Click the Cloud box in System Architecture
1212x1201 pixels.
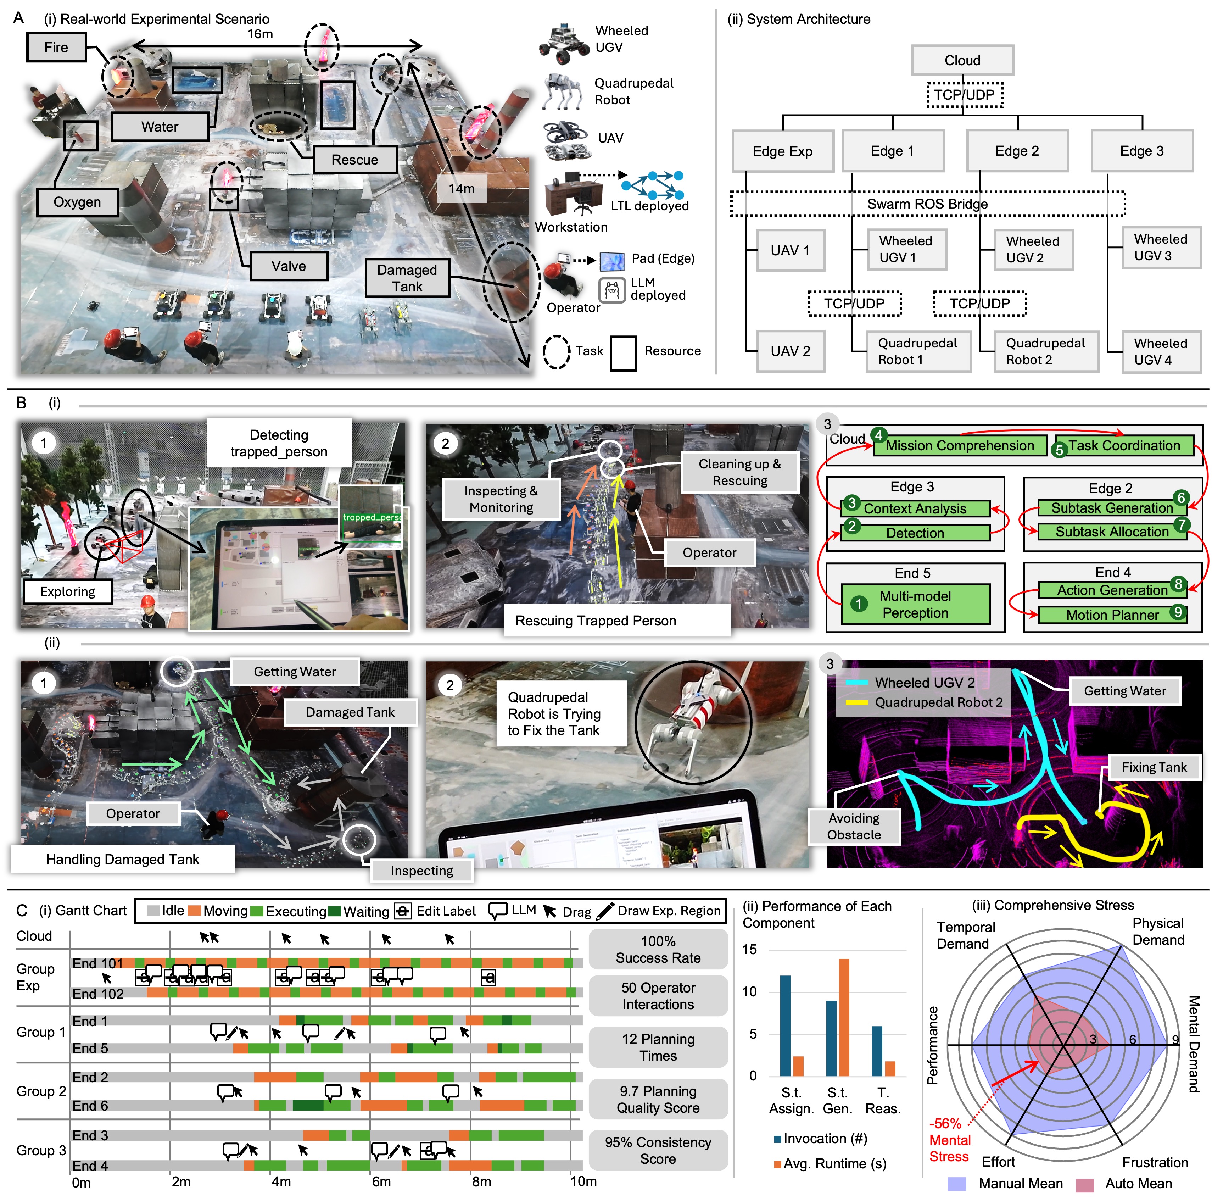pyautogui.click(x=962, y=60)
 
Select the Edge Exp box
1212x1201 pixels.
pyautogui.click(x=782, y=151)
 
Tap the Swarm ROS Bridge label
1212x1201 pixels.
pyautogui.click(x=927, y=204)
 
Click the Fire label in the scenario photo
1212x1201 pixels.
pyautogui.click(x=56, y=48)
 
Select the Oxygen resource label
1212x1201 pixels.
pyautogui.click(x=77, y=202)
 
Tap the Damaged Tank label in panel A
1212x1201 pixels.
pyautogui.click(x=407, y=278)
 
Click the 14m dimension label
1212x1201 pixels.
pyautogui.click(x=461, y=188)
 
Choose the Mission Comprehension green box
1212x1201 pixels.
pyautogui.click(x=960, y=445)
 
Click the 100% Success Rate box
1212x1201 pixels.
pyautogui.click(x=658, y=949)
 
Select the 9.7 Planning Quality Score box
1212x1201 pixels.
pyautogui.click(x=658, y=1099)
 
